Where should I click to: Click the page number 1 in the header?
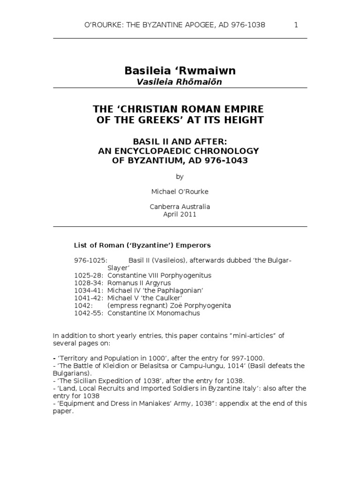click(x=296, y=25)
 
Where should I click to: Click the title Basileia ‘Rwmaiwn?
click(x=180, y=71)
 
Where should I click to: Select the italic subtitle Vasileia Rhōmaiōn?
click(x=180, y=82)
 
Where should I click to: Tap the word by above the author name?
click(x=180, y=177)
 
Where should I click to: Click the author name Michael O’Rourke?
click(x=180, y=192)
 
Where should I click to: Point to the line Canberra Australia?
click(x=180, y=207)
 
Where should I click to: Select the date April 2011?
click(x=180, y=214)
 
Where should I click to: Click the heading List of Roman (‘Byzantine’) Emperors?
click(x=142, y=245)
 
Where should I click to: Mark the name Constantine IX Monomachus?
click(x=154, y=313)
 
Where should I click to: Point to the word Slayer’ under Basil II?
click(x=119, y=268)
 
